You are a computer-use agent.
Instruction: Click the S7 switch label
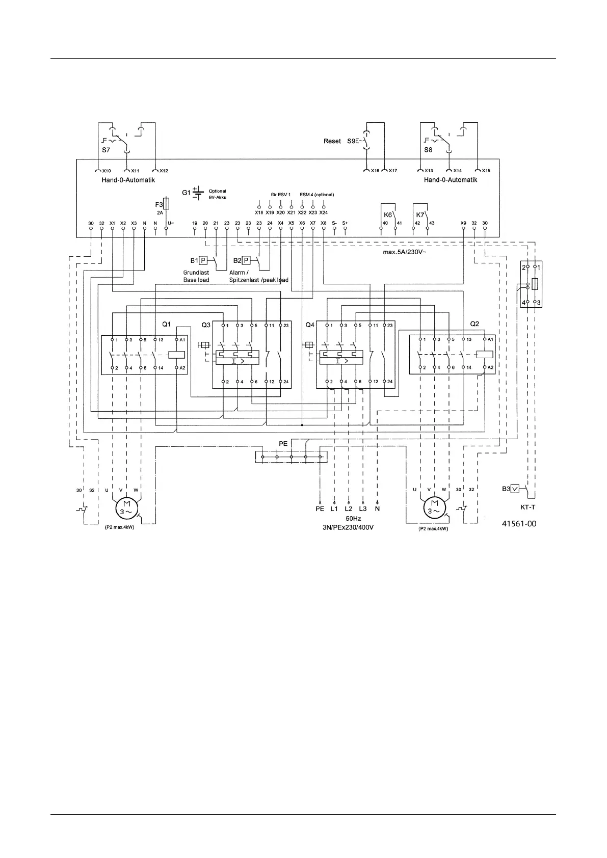tap(106, 150)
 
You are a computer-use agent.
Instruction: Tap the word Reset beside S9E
tap(332, 141)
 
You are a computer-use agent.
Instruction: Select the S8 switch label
tap(428, 150)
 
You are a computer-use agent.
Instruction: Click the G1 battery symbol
tap(198, 193)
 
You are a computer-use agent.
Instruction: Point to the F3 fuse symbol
tap(166, 204)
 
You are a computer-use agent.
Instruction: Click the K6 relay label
tap(387, 215)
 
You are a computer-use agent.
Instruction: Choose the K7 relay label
tap(420, 215)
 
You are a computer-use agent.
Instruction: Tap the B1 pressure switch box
tap(202, 260)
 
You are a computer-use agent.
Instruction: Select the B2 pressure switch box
tap(246, 260)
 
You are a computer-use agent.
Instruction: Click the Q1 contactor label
tap(166, 325)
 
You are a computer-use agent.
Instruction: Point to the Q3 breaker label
tap(205, 325)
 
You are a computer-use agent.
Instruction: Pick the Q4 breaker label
tap(310, 325)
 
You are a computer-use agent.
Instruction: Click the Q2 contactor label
tap(474, 325)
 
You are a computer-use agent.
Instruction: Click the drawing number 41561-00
tap(519, 523)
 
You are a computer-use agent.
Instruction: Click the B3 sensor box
tap(515, 489)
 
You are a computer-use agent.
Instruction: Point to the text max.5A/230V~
tap(404, 252)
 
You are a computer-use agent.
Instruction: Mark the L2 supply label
tap(349, 508)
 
